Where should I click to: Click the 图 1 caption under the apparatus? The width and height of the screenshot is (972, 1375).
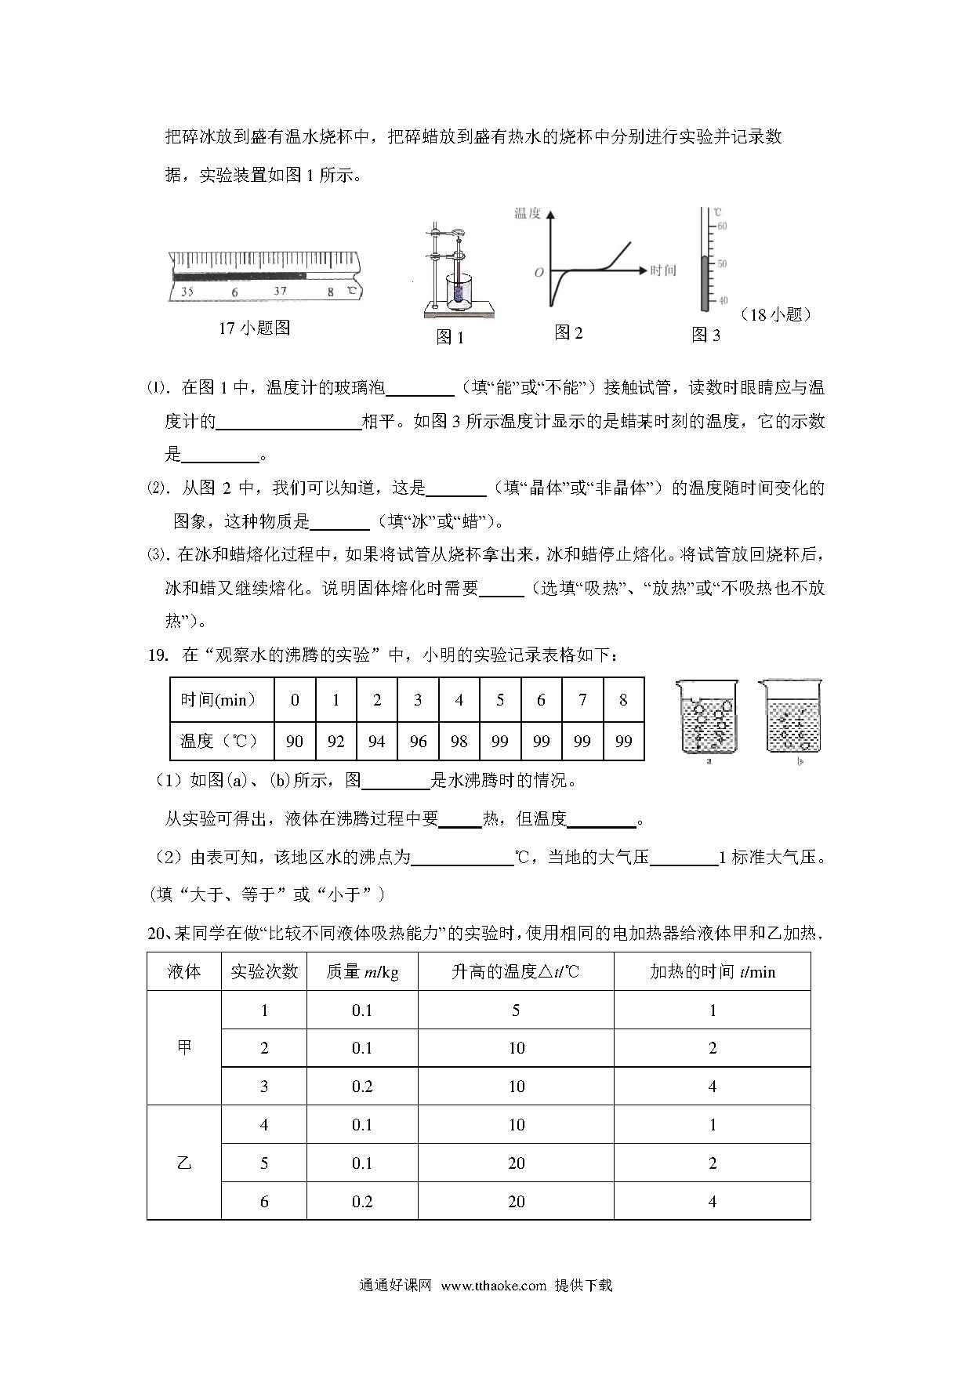point(450,338)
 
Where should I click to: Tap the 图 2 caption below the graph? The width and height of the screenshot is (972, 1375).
point(568,333)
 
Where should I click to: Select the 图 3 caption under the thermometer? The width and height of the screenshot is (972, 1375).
point(705,336)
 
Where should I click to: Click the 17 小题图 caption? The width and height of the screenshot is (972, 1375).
point(255,328)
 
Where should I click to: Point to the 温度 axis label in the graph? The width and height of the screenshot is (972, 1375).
point(527,213)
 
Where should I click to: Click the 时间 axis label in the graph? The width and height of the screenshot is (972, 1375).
point(662,270)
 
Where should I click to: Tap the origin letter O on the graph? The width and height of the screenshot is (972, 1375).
point(539,273)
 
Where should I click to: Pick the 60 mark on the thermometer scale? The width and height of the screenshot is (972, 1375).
point(722,227)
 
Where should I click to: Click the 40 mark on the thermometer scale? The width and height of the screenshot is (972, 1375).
point(722,301)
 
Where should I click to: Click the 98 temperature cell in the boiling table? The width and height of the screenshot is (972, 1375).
point(459,741)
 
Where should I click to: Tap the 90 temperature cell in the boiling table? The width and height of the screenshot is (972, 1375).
point(295,741)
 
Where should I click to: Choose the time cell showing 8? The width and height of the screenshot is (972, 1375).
point(623,700)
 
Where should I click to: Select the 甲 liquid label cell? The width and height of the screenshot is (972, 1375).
point(184,1048)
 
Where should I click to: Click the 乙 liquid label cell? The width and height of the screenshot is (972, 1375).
point(184,1163)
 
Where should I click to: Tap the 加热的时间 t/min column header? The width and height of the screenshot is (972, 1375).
point(712,972)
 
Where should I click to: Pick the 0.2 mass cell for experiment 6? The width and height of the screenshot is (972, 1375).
point(362,1201)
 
